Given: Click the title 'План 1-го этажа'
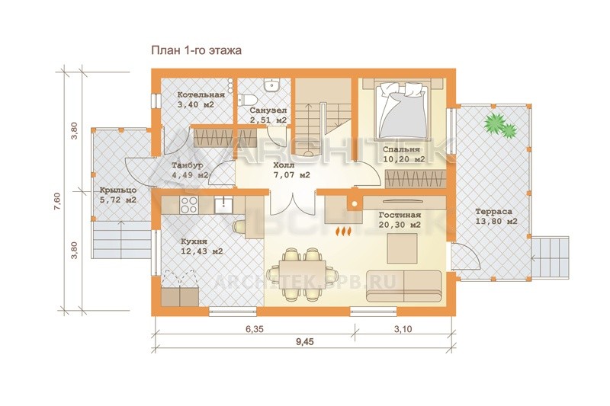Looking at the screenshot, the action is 196,50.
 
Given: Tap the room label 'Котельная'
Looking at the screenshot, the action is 201,94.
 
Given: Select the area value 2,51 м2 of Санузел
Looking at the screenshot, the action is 268,120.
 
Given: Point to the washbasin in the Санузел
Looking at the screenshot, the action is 271,85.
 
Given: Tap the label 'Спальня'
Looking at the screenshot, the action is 401,149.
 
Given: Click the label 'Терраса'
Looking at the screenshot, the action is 493,212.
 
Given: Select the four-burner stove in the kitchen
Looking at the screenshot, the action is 189,205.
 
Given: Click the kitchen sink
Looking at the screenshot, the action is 223,205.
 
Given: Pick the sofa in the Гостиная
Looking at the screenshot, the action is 404,286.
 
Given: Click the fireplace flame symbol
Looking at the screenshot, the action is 344,231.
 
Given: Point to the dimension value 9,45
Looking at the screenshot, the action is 304,342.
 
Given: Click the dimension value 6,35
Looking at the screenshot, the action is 255,329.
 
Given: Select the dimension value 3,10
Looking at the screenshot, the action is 403,329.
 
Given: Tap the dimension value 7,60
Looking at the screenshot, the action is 56,202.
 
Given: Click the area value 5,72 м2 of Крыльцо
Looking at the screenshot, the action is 117,200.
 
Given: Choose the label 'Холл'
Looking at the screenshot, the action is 284,165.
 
